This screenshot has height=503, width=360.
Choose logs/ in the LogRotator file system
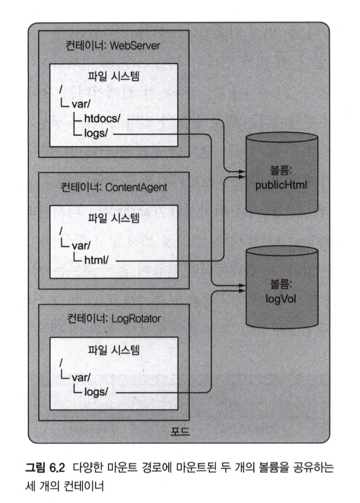coord(96,392)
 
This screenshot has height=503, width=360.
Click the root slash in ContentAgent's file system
coord(60,231)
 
